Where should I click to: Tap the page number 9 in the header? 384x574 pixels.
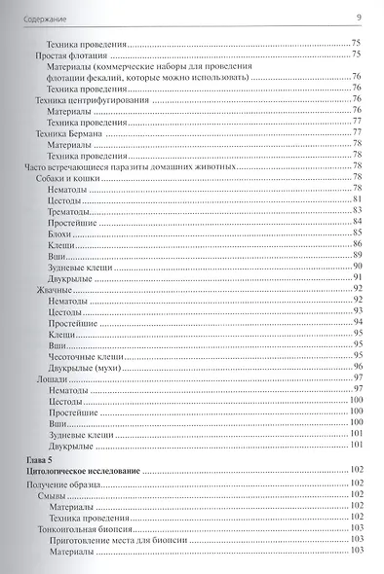tap(359, 15)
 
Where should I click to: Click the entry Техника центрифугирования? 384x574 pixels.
tap(85, 99)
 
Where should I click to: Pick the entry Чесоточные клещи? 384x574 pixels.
tap(81, 355)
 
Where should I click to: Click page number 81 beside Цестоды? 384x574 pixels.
tap(358, 199)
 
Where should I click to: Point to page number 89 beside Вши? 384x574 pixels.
tap(358, 255)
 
